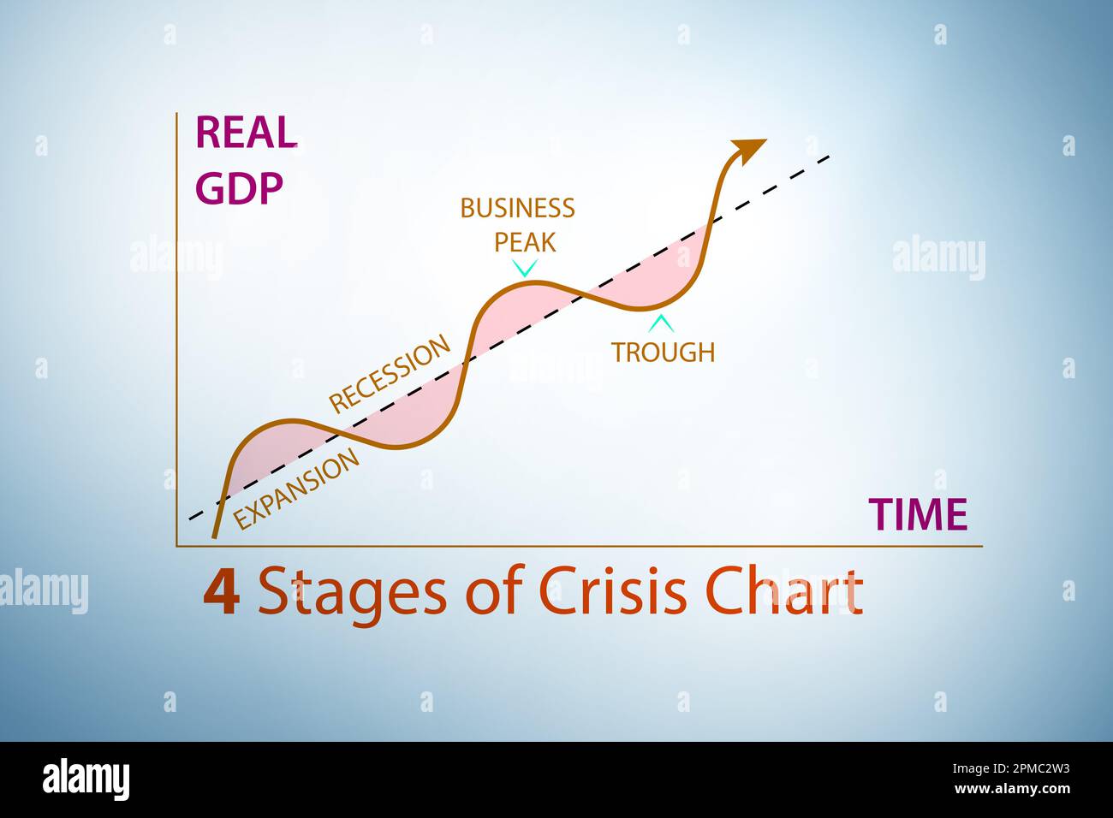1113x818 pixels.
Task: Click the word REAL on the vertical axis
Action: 247,133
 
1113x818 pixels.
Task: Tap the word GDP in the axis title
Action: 239,189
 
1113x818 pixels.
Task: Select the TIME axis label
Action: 918,515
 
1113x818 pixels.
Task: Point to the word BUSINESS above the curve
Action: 517,208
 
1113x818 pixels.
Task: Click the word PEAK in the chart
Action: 525,242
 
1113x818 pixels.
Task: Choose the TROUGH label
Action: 663,352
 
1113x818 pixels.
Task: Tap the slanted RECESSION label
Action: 390,373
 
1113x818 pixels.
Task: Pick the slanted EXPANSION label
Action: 296,489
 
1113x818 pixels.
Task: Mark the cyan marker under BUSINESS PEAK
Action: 524,268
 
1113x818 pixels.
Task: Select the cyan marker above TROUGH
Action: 660,324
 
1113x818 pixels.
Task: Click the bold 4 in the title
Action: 221,593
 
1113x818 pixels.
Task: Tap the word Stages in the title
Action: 352,593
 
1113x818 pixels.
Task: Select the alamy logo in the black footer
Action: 86,779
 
